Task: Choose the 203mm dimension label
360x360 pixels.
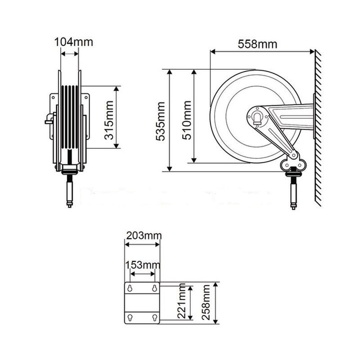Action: click(x=142, y=235)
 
